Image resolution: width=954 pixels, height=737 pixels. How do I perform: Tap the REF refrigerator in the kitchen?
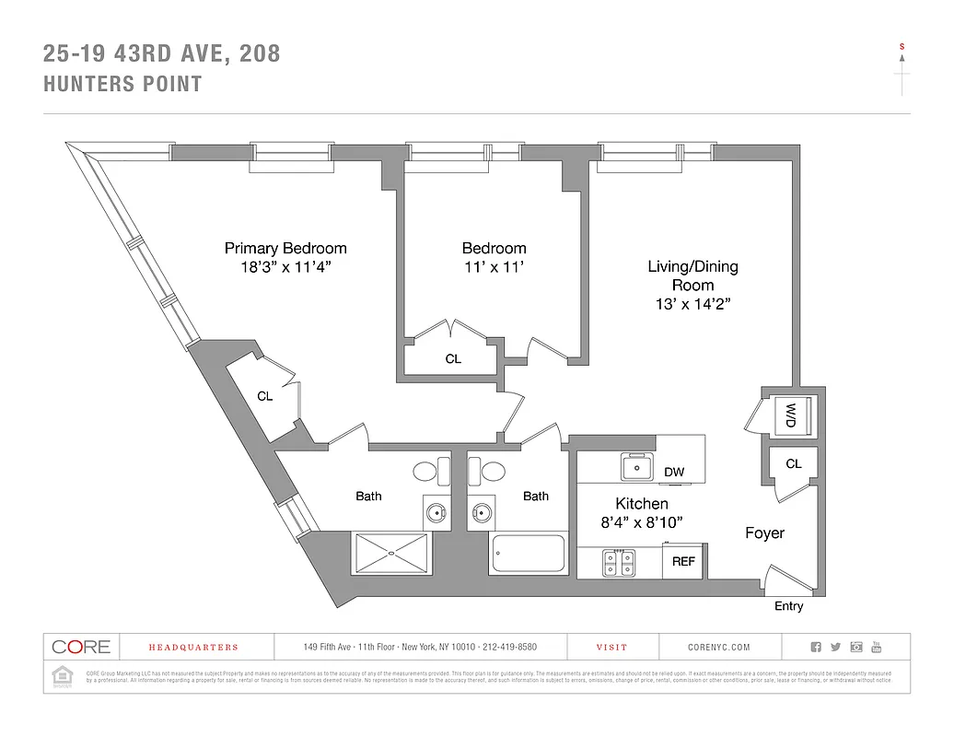click(x=683, y=560)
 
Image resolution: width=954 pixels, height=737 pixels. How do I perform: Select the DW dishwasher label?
click(x=674, y=473)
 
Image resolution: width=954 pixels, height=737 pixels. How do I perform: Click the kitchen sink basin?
click(x=636, y=467)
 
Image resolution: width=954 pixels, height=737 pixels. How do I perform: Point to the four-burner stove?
click(x=619, y=562)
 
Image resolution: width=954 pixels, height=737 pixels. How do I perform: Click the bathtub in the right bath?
click(x=528, y=555)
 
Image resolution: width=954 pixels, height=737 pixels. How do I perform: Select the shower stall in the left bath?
click(x=390, y=554)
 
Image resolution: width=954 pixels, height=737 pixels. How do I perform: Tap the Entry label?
click(x=788, y=606)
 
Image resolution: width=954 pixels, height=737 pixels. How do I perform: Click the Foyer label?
click(x=764, y=533)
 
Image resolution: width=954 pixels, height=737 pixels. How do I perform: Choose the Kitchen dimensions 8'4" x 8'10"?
click(x=642, y=522)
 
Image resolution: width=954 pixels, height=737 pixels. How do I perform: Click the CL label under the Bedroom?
click(x=453, y=359)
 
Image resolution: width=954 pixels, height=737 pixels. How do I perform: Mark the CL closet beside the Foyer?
click(x=793, y=464)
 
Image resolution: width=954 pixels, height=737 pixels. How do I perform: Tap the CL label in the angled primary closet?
click(x=265, y=397)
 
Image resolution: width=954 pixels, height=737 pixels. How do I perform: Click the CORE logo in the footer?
click(x=81, y=647)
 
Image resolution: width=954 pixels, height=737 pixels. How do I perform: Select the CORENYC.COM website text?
click(x=719, y=648)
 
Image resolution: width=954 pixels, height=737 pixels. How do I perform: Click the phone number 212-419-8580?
click(x=506, y=648)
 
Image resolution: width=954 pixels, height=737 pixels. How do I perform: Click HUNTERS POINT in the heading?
click(x=123, y=85)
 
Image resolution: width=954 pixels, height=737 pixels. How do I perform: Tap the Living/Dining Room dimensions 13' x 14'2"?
click(x=692, y=303)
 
